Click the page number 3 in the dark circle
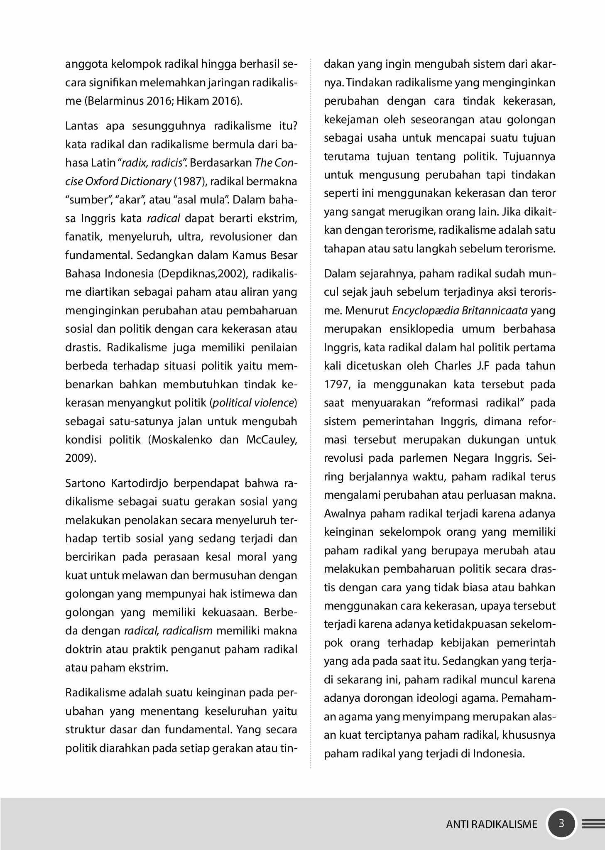tap(561, 823)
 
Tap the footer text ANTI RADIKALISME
tap(492, 824)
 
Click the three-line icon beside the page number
tap(593, 824)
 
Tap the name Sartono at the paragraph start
tap(85, 483)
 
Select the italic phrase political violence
tap(254, 403)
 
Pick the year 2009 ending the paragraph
tap(78, 458)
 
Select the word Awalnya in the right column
tap(344, 514)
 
